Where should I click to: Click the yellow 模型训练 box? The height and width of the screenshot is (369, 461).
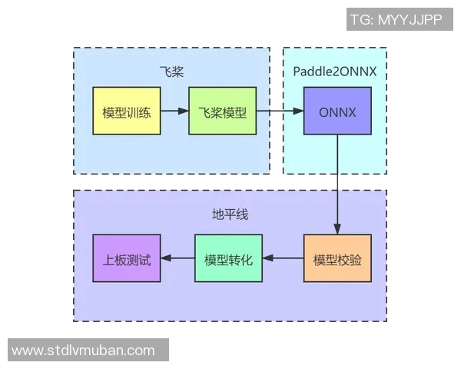(126, 111)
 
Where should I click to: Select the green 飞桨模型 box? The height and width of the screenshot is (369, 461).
(222, 111)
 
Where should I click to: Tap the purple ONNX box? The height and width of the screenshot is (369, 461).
(337, 111)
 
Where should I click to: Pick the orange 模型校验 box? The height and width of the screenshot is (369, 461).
(337, 258)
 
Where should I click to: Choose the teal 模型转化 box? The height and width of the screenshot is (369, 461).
(228, 258)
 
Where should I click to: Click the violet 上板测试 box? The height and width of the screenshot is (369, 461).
(126, 258)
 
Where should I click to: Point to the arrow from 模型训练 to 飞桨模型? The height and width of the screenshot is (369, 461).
(174, 111)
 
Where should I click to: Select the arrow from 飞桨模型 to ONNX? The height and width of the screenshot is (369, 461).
(279, 111)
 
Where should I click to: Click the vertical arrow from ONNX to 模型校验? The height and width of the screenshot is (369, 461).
(337, 184)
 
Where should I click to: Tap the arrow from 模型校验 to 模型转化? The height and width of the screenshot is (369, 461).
(283, 258)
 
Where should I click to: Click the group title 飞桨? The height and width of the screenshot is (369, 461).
(171, 71)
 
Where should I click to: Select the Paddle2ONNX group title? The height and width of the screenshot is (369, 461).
(335, 71)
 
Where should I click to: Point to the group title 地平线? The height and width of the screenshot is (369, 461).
(230, 214)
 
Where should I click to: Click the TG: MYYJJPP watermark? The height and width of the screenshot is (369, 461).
(396, 20)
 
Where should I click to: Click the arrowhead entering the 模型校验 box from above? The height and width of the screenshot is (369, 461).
(337, 229)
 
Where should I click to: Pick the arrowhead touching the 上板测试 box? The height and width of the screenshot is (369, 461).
(166, 258)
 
